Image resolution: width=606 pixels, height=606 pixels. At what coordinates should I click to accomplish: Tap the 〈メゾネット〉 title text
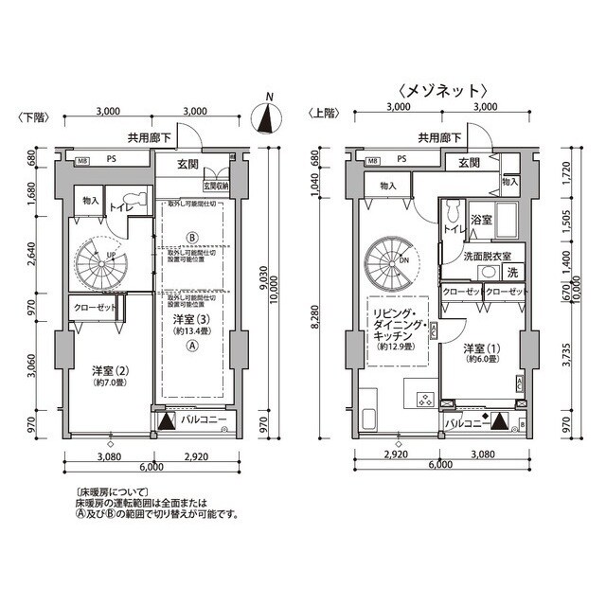coord(443,91)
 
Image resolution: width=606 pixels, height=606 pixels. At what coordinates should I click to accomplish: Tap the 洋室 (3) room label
coord(192,328)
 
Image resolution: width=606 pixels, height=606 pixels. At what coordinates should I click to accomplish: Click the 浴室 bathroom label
coord(481,220)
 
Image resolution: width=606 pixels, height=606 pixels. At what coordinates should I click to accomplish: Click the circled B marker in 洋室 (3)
coord(191,237)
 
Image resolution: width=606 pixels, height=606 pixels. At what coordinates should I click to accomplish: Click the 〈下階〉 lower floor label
coord(34,116)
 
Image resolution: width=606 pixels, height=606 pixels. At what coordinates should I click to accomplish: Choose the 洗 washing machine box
coord(512,273)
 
